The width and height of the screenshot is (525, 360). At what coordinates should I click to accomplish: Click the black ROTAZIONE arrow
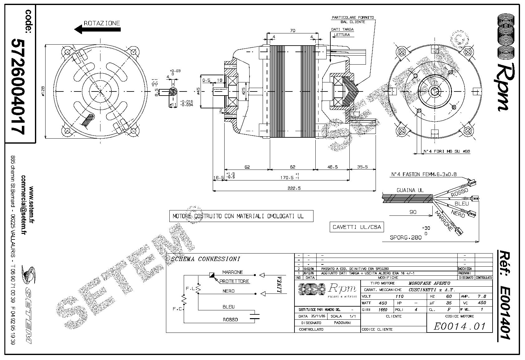[97, 30]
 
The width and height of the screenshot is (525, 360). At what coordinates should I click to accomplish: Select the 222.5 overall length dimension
[295, 188]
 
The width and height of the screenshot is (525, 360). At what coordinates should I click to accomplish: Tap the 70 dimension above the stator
[293, 31]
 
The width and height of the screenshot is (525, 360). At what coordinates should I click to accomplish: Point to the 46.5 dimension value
[332, 167]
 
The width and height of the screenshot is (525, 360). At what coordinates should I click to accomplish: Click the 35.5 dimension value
[362, 167]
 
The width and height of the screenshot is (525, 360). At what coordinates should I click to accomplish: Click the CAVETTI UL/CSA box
[357, 227]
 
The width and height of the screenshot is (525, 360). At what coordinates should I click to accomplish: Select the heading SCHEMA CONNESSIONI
[206, 259]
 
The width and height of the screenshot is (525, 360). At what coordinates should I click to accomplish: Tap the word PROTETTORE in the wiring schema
[234, 281]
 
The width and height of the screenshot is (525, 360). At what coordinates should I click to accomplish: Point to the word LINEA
[280, 284]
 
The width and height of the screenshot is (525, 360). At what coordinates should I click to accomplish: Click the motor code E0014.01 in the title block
[459, 326]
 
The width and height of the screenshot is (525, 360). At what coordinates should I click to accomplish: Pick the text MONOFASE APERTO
[429, 283]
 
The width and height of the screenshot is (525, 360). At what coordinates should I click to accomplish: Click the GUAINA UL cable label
[410, 190]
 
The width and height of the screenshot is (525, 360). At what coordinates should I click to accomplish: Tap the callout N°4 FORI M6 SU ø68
[446, 151]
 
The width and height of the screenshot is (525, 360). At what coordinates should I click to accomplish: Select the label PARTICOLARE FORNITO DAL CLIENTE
[353, 20]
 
